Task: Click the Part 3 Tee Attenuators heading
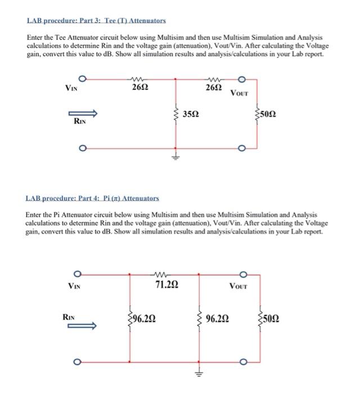pyautogui.click(x=96, y=20)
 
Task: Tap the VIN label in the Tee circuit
pyautogui.click(x=71, y=88)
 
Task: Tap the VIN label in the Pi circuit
pyautogui.click(x=74, y=285)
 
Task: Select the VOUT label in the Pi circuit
pyautogui.click(x=238, y=285)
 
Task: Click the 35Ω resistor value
pyautogui.click(x=191, y=115)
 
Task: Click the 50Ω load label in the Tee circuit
pyautogui.click(x=267, y=115)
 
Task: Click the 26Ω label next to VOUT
pyautogui.click(x=213, y=88)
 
